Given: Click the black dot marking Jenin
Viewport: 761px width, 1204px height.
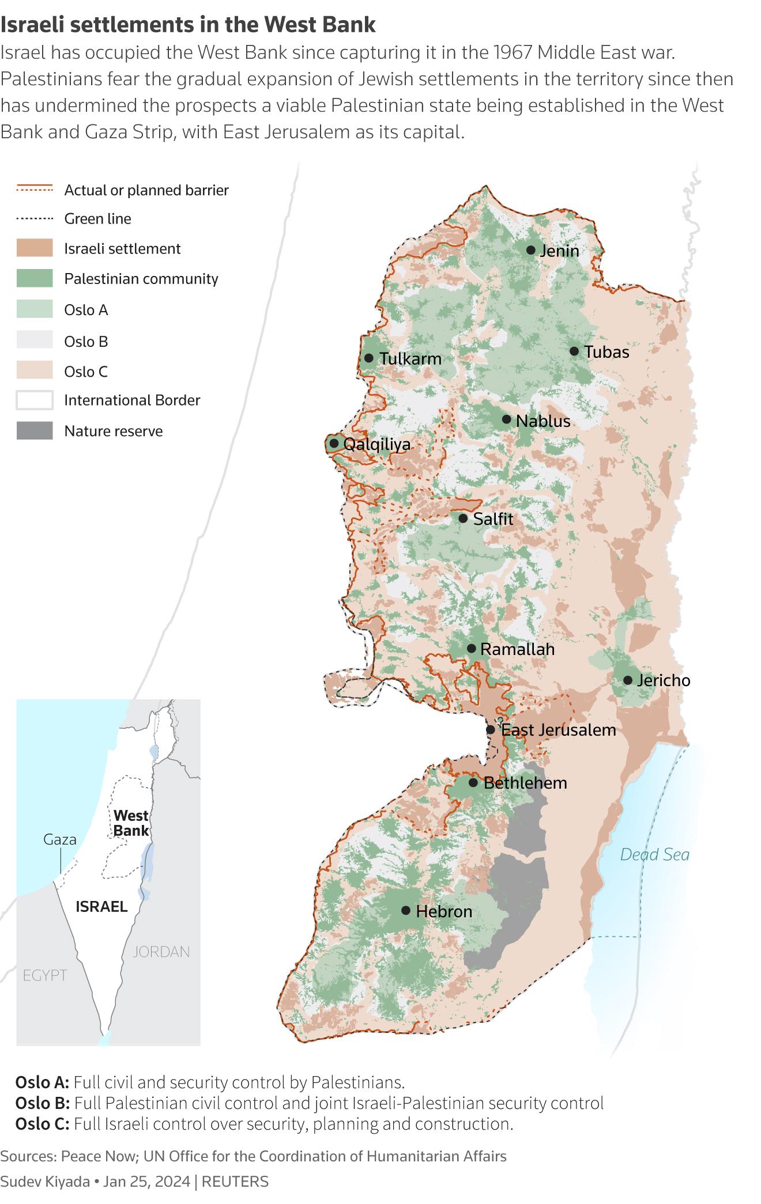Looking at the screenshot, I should (530, 250).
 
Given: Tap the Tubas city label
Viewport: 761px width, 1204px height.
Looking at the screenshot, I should (606, 352).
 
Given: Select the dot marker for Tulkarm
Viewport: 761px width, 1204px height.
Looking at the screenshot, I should (369, 358).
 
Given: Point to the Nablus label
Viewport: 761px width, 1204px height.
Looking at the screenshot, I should (543, 421).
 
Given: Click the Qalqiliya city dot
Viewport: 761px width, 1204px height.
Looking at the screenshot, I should (334, 444).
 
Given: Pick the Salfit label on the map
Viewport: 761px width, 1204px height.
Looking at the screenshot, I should (493, 519).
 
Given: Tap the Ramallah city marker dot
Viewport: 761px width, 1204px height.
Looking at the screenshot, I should (471, 649).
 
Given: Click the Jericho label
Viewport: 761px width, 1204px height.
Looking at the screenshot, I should (664, 680).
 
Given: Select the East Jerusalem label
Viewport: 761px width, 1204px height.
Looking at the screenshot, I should (559, 730).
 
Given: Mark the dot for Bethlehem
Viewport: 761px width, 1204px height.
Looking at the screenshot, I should (473, 782).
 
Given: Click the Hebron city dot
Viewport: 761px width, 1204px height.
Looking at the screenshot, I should (406, 910).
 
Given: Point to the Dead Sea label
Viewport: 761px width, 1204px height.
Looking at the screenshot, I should (654, 854).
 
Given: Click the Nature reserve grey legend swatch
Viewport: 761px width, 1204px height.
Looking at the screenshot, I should (35, 431).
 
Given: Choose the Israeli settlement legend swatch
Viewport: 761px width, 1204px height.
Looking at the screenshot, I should (35, 248).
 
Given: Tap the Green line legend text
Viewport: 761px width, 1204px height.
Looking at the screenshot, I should (97, 219).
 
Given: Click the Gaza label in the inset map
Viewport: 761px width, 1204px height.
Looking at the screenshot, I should (60, 839).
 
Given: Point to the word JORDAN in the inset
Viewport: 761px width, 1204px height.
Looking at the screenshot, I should (161, 951).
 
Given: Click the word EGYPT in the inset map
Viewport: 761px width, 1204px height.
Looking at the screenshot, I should (45, 975).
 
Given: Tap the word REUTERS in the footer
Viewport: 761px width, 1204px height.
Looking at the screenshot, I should (235, 1182).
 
